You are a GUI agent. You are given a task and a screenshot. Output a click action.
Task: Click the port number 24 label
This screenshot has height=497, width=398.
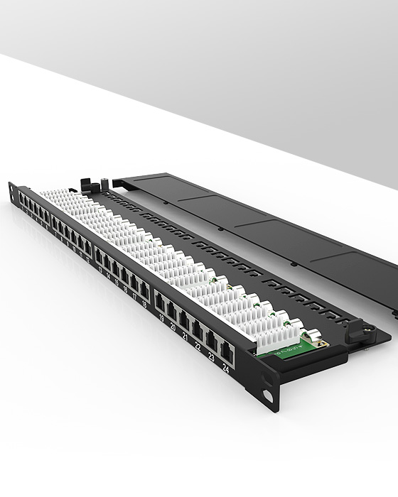(226, 368)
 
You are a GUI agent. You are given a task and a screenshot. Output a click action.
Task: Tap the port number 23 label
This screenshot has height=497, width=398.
(211, 359)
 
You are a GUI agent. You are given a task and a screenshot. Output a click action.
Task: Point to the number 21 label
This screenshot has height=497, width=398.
(185, 339)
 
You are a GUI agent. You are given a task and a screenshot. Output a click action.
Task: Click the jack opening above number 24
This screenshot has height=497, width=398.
(226, 349)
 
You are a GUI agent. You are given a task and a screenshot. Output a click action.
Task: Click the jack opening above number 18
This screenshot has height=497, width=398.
(144, 290)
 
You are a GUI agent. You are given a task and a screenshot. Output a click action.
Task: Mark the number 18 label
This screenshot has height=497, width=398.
(145, 306)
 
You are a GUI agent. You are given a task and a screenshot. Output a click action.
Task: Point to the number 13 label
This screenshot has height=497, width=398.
(99, 271)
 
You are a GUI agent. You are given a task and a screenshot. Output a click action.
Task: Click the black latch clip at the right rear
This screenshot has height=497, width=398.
(353, 328)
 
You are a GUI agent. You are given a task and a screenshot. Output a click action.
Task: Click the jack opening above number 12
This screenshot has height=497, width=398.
(87, 250)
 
